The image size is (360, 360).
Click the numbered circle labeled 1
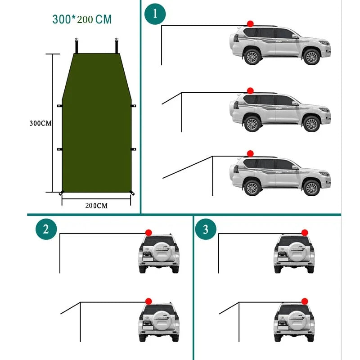(155, 14)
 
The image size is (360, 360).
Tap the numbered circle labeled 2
(46, 229)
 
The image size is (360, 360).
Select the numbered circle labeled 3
(206, 229)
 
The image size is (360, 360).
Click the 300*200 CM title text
(82, 19)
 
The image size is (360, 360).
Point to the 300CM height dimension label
(40, 123)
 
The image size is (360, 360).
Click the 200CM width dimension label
(96, 206)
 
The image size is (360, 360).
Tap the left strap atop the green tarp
(76, 46)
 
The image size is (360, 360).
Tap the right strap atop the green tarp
(117, 46)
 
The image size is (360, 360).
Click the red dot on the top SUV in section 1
(250, 24)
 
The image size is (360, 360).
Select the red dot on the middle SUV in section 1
(250, 91)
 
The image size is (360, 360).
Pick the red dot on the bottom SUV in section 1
(250, 153)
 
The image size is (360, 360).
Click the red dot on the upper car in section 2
(148, 233)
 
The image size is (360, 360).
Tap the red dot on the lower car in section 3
(305, 301)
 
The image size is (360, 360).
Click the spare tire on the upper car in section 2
(162, 249)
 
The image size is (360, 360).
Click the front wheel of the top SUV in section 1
(311, 57)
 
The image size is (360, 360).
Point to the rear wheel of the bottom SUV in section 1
(252, 188)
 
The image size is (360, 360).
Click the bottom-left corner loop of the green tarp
(61, 193)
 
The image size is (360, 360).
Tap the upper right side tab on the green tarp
(133, 106)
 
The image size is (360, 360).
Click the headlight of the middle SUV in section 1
(324, 109)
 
